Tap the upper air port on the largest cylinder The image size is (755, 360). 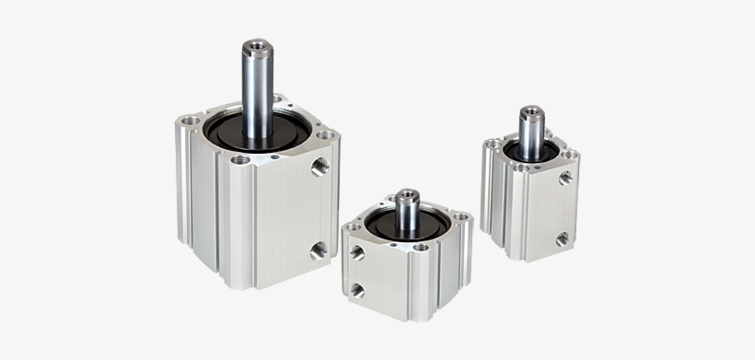pyautogui.click(x=319, y=167)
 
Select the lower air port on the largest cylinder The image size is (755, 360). pyautogui.click(x=318, y=250)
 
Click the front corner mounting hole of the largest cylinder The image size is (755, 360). pyautogui.click(x=240, y=159)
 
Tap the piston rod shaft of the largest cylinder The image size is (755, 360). pyautogui.click(x=257, y=92)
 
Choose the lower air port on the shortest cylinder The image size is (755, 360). pyautogui.click(x=357, y=290)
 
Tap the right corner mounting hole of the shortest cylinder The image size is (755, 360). pyautogui.click(x=460, y=218)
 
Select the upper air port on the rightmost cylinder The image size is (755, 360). pyautogui.click(x=565, y=177)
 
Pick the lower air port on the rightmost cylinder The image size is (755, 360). pyautogui.click(x=561, y=238)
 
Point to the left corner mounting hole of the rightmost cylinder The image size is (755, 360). pyautogui.click(x=495, y=144)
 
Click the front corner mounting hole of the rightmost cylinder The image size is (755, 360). pyautogui.click(x=524, y=168)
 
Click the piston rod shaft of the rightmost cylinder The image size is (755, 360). pyautogui.click(x=529, y=136)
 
